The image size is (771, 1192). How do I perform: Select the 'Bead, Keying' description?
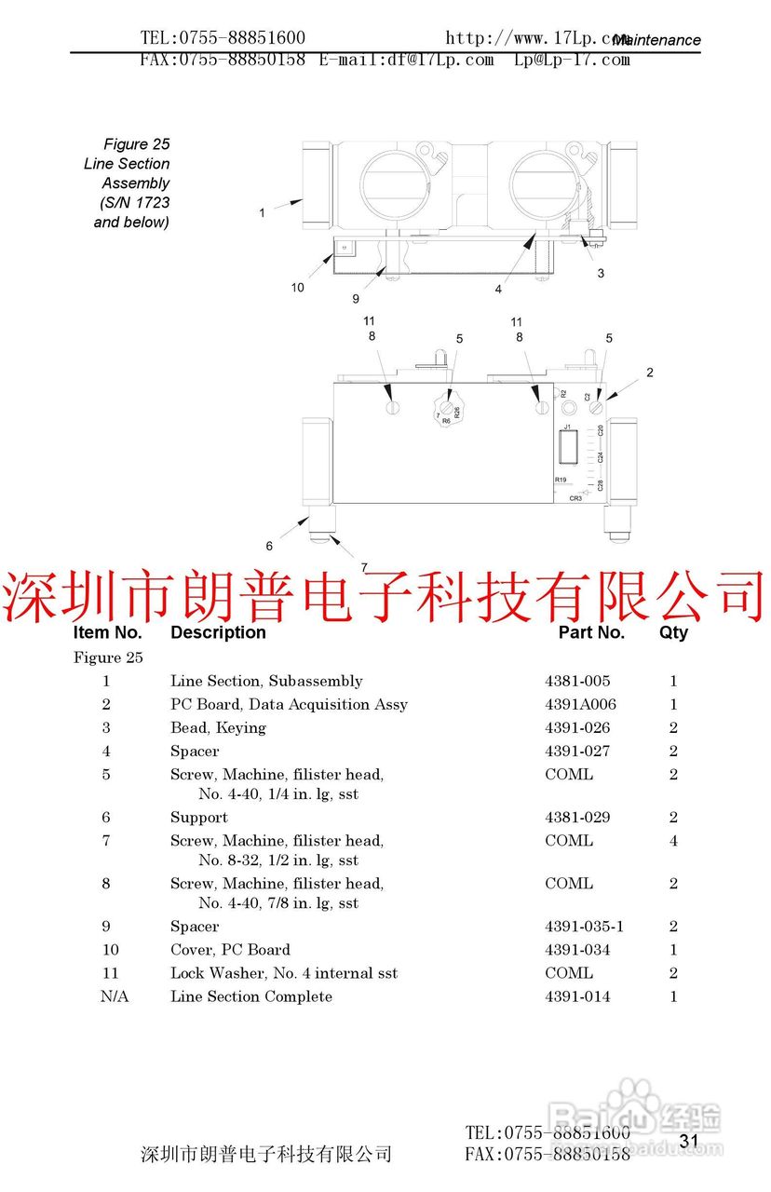click(x=218, y=728)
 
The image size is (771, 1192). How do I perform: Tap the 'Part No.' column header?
click(x=591, y=632)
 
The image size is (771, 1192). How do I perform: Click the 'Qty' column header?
click(x=673, y=632)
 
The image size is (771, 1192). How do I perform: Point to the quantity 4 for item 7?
click(x=673, y=841)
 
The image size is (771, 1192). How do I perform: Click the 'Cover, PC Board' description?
click(x=230, y=950)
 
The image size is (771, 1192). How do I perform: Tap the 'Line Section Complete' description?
click(x=250, y=996)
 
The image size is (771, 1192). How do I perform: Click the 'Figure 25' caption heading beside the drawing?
click(x=137, y=144)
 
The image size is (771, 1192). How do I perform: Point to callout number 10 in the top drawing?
click(x=297, y=288)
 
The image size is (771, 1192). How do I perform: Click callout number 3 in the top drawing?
click(x=601, y=274)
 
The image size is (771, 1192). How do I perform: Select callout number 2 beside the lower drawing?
click(x=650, y=372)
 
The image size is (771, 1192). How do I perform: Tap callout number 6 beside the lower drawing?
click(x=270, y=547)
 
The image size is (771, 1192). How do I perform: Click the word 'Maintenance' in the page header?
click(x=657, y=40)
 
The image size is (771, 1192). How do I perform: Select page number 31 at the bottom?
click(x=688, y=1141)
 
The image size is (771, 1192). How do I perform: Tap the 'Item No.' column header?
click(x=107, y=632)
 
